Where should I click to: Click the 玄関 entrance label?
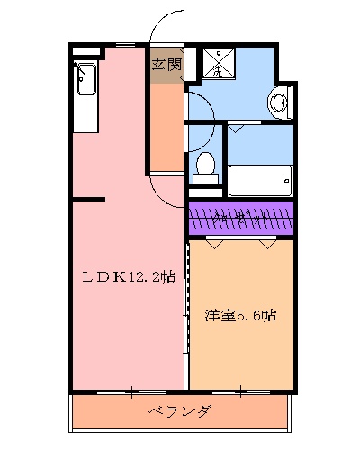click(166, 64)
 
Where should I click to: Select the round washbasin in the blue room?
click(278, 103)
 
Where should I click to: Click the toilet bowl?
click(206, 165)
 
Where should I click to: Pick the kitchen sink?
click(85, 80)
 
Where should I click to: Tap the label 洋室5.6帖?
click(240, 316)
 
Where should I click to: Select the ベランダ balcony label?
click(180, 413)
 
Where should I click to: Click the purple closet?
click(240, 219)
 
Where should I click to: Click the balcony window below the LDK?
click(130, 391)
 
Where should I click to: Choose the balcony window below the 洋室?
click(240, 391)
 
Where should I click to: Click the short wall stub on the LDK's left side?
click(90, 198)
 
